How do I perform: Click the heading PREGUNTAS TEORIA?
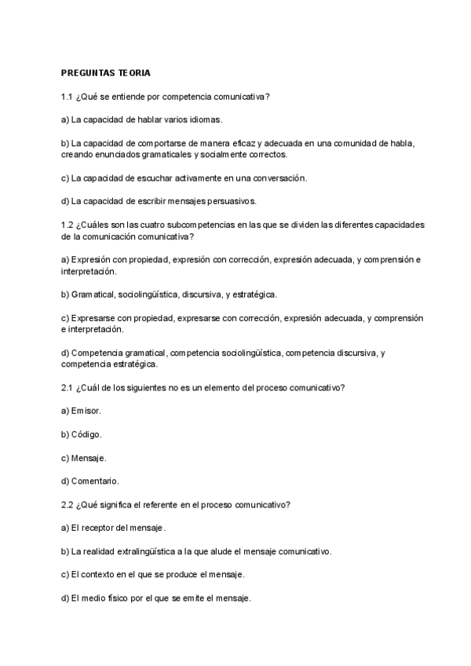(106, 73)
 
